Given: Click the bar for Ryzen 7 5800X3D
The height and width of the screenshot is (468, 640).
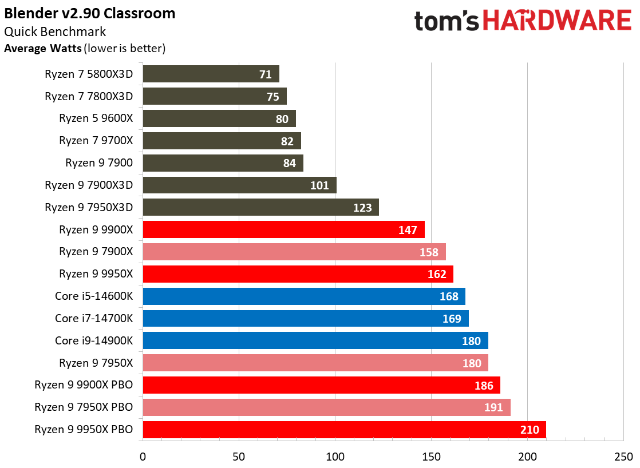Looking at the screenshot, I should click(211, 74).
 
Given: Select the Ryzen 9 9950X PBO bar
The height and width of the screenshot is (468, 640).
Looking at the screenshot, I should click(343, 430).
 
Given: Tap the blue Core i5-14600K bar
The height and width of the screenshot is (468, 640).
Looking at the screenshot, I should click(303, 296).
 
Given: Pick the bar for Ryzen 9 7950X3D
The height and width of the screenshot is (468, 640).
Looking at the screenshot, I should click(260, 208).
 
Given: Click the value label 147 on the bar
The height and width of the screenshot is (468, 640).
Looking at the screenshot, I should click(408, 230).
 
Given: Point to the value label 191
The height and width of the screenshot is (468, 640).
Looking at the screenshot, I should click(493, 407).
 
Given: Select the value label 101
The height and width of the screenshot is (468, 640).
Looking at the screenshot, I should click(319, 185).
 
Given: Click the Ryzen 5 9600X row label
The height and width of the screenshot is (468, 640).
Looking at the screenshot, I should click(96, 118).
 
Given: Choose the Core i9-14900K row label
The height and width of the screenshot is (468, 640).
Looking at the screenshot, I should click(94, 340).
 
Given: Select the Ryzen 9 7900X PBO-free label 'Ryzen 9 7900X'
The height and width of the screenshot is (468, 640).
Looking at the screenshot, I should click(96, 252).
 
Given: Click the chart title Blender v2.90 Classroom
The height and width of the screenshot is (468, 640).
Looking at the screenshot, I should click(90, 13).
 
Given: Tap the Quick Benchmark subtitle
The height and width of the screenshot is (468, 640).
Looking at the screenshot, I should click(55, 32).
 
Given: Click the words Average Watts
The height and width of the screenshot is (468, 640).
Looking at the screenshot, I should click(42, 49).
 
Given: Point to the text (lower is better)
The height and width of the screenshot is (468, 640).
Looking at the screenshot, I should click(125, 49).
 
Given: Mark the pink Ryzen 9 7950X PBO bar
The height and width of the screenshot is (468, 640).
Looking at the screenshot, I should click(326, 407).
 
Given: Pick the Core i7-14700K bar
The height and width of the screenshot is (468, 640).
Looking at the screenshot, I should click(305, 319).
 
